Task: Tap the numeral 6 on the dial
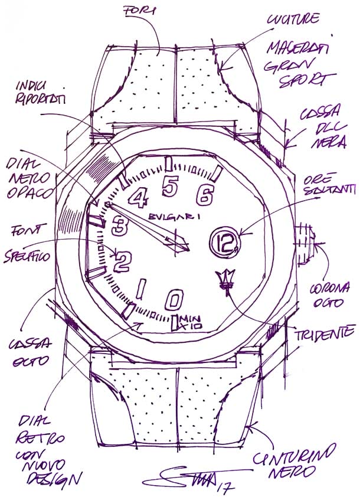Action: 205,195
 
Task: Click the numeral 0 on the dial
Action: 173,300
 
